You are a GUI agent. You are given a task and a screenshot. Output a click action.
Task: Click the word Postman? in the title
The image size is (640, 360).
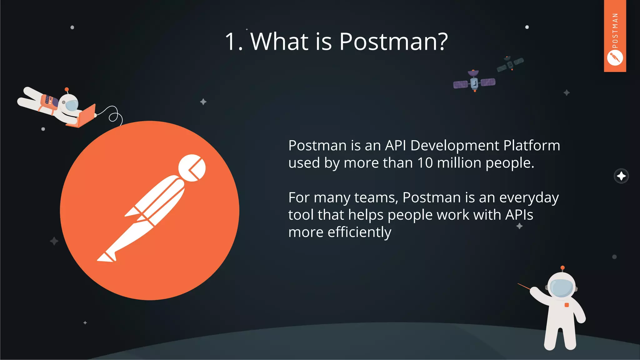[x=393, y=42]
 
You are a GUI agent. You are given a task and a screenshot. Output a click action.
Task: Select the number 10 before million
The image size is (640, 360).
[x=425, y=163]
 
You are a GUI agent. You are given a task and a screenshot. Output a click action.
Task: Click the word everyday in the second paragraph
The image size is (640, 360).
[x=529, y=198]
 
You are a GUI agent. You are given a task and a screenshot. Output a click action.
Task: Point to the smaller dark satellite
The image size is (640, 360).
[x=510, y=64]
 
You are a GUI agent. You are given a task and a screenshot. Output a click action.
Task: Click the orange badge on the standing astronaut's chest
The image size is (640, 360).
[x=567, y=305]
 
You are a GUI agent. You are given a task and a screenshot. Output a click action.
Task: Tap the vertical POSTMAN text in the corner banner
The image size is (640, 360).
[x=615, y=31]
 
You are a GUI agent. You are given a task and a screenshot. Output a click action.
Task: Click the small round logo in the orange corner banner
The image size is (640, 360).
[x=615, y=58]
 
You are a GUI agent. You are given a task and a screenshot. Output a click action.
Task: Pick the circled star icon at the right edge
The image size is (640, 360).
[x=621, y=176]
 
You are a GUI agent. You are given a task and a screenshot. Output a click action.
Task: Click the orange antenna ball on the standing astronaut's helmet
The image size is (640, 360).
[x=562, y=268]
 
